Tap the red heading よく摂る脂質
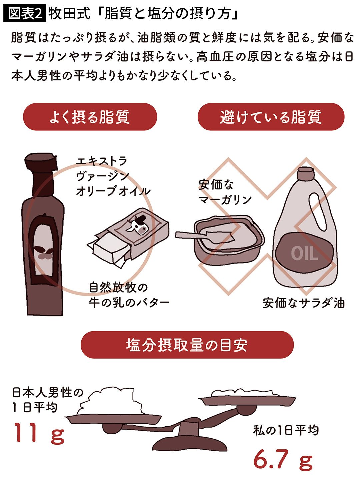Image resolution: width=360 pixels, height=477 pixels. point(90,117)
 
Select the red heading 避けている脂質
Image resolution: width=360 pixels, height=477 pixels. point(271,117)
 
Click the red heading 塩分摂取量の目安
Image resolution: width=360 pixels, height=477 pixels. point(187,345)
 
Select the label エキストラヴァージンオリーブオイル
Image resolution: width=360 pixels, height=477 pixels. point(113,176)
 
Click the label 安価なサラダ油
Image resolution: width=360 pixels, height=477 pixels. point(303,303)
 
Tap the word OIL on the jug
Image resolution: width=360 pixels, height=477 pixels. point(304,254)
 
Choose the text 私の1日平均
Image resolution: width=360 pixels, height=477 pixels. point(286,430)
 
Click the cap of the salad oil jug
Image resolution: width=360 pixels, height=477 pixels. point(306,173)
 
